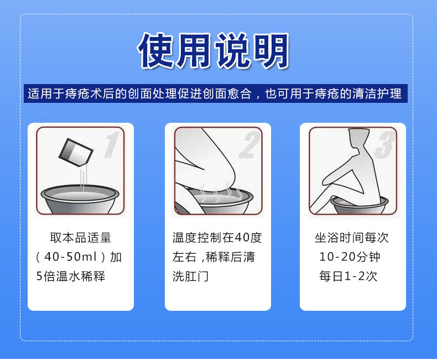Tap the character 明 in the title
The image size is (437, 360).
(270, 51)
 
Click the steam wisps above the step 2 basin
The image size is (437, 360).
(220, 192)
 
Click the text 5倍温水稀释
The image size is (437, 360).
(71, 276)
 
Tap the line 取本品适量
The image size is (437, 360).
(81, 238)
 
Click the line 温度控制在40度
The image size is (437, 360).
(217, 238)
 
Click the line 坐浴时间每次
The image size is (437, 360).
(352, 238)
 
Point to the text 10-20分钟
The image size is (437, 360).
(350, 257)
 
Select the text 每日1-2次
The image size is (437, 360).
(348, 276)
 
